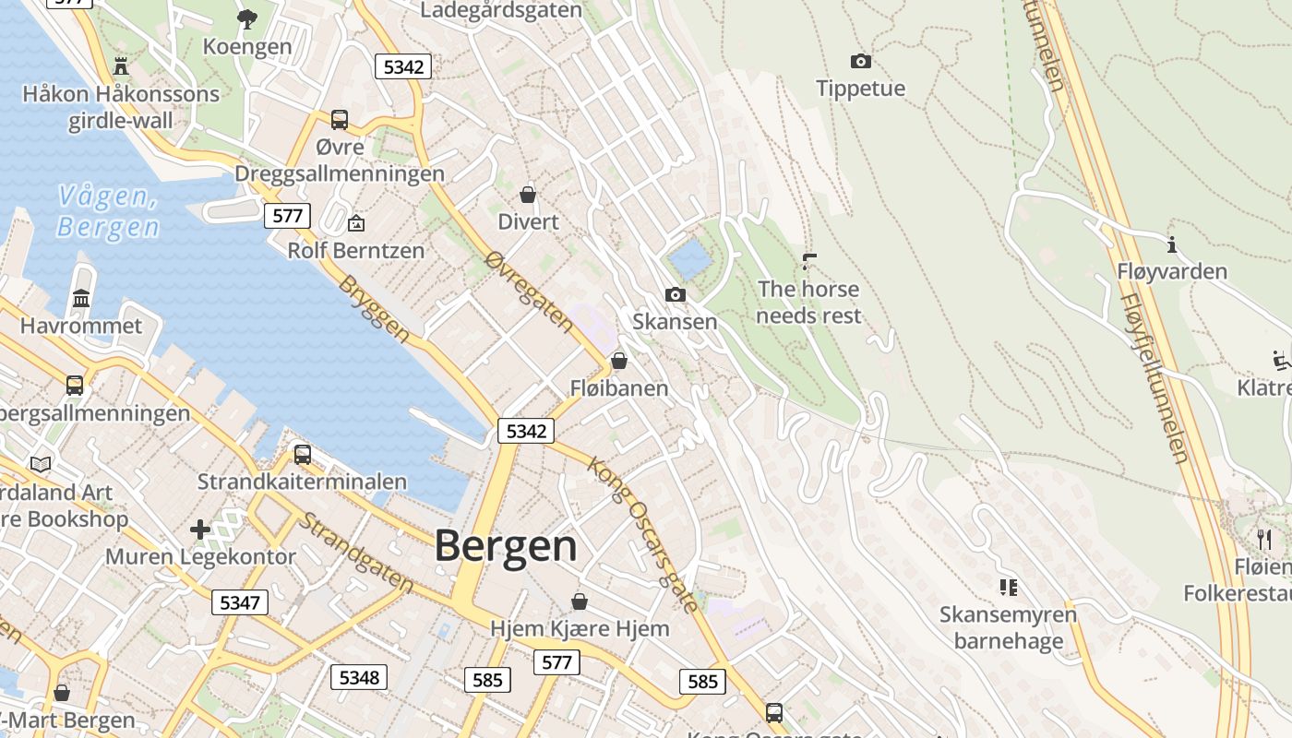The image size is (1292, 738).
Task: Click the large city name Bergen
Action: coord(506,545)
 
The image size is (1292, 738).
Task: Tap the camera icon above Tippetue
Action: coord(860,61)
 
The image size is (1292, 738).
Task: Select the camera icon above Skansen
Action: coord(676,294)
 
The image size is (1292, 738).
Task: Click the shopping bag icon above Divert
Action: coord(528,195)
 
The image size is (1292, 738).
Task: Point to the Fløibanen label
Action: coord(619,388)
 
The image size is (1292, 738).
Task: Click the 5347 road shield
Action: coord(240,602)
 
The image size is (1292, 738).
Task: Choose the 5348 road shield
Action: coord(359,677)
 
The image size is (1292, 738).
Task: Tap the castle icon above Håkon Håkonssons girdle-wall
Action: coord(120,65)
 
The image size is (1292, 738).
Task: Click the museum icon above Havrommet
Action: coord(81,298)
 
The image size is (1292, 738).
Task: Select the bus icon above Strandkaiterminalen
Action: coord(302,454)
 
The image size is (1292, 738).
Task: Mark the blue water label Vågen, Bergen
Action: coord(107,210)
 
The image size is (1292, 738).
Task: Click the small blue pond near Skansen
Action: coord(690,259)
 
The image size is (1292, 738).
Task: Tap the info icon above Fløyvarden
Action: coord(1172,244)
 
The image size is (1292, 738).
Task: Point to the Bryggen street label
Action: coord(374,308)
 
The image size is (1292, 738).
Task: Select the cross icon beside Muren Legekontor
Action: coord(200,530)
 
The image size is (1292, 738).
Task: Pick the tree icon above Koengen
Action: coord(246,18)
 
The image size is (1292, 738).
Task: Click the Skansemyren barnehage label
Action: coord(1008,627)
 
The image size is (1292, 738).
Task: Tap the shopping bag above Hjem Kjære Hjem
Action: coord(580,601)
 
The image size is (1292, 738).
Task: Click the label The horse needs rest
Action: coord(808,302)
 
